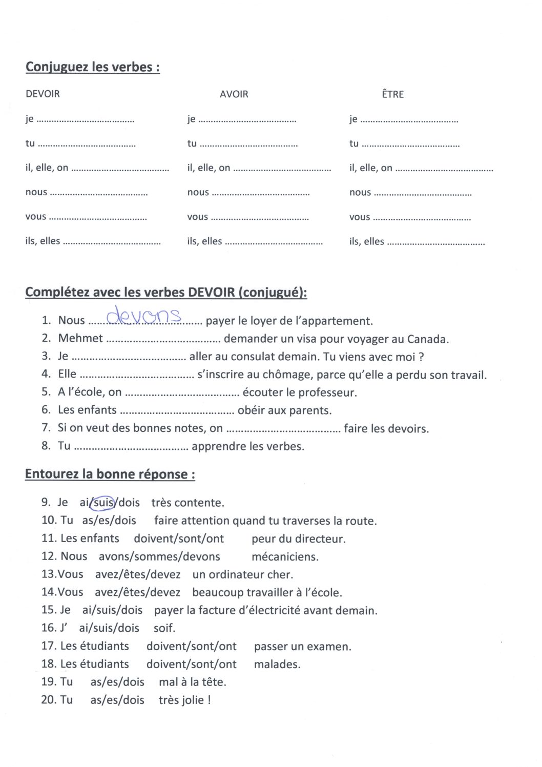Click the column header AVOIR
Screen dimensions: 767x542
[234, 94]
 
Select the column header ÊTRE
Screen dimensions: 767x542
[392, 94]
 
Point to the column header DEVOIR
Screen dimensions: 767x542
[43, 94]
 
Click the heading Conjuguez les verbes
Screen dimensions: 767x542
[92, 67]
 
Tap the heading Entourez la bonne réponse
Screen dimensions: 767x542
[110, 474]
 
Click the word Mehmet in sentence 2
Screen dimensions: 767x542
[80, 338]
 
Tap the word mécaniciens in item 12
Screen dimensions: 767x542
[285, 557]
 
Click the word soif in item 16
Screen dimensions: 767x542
[164, 628]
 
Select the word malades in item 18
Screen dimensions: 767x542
[277, 665]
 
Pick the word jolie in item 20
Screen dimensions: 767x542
[193, 700]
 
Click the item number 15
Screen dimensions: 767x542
[48, 610]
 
